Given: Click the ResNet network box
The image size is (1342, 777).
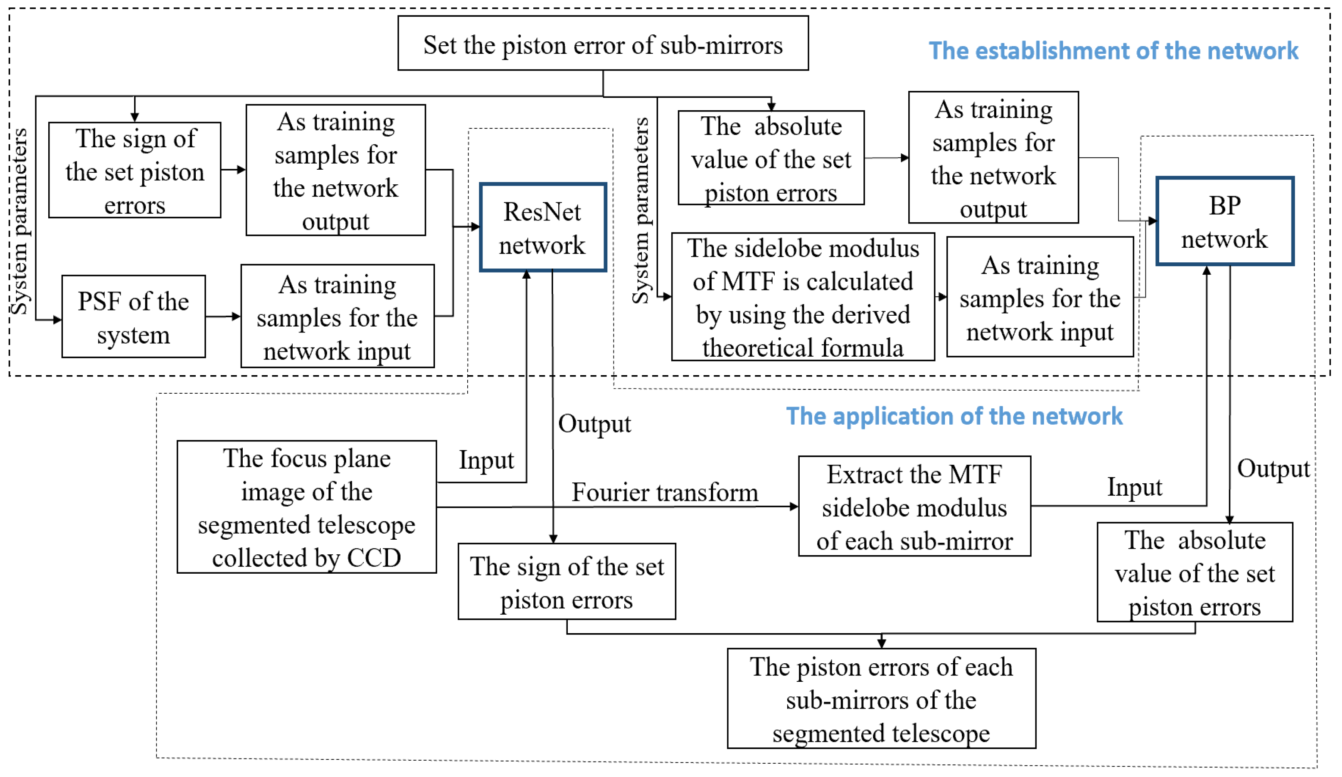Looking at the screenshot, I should (543, 228).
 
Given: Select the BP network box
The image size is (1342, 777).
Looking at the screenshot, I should (1225, 221).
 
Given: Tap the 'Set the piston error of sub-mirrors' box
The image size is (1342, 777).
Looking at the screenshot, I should (603, 44).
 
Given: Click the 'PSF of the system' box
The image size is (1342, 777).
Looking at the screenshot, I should (133, 317).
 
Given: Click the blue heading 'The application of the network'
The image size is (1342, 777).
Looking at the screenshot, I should (954, 416).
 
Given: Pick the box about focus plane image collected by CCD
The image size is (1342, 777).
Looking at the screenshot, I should (307, 507).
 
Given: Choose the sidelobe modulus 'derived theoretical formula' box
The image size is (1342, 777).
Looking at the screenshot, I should (803, 298).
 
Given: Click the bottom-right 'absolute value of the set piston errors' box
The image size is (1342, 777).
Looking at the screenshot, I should (1195, 573).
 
